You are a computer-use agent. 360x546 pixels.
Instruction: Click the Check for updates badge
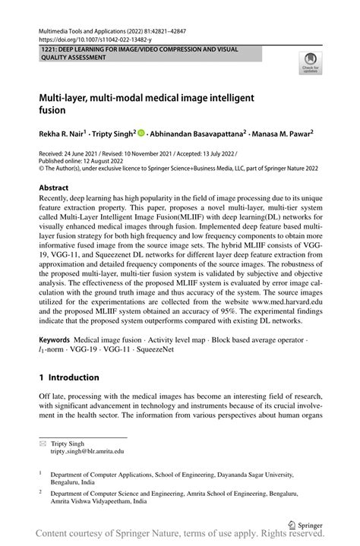coord(310,65)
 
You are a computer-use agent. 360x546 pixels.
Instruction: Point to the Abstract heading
coord(58,188)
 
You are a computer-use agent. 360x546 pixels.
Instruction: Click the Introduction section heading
coord(69,377)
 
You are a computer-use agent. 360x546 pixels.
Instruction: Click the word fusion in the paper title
coord(53,111)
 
